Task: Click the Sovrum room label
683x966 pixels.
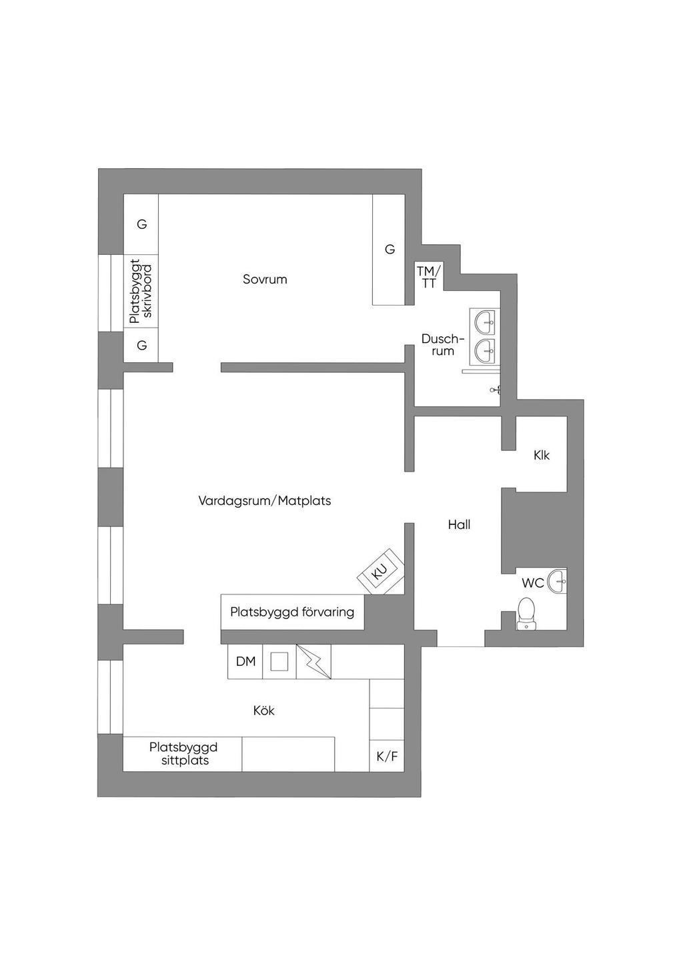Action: (x=264, y=279)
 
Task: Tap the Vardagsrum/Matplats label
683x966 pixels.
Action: (x=264, y=501)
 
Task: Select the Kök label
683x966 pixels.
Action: (x=264, y=710)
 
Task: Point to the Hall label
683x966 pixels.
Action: (x=459, y=524)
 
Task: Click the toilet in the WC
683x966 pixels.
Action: (x=526, y=614)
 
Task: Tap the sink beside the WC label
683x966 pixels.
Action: (x=557, y=581)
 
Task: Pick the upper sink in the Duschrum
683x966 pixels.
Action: (x=486, y=322)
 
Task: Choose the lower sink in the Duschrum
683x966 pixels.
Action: (x=486, y=351)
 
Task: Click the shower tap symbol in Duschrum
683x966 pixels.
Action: (x=495, y=390)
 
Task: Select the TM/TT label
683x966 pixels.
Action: (x=429, y=278)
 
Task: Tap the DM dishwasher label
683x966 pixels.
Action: (x=245, y=661)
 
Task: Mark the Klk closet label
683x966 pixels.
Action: (x=541, y=455)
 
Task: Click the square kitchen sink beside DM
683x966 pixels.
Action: (x=279, y=661)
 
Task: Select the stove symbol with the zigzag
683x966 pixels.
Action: (x=313, y=662)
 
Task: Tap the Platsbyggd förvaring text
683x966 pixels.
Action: (x=292, y=612)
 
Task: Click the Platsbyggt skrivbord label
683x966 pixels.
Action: (x=141, y=292)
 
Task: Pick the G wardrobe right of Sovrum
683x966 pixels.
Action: (x=390, y=250)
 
